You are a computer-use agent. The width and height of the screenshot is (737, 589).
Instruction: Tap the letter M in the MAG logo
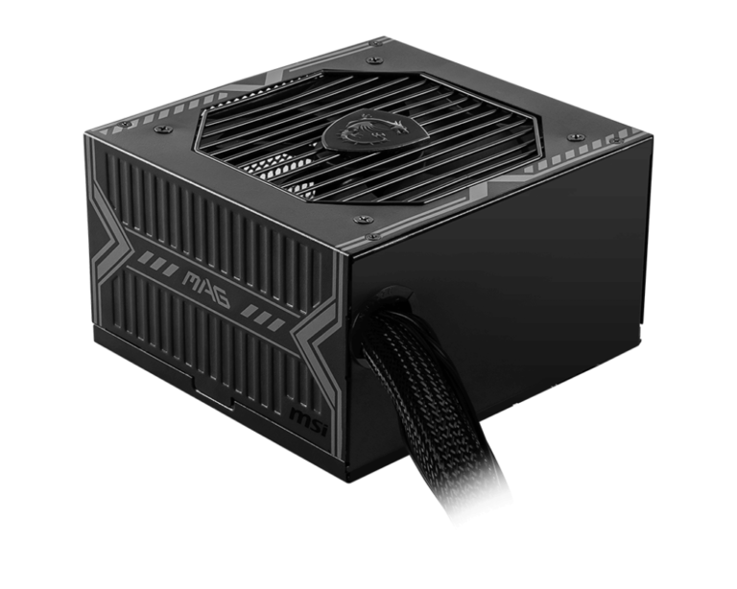[192, 283]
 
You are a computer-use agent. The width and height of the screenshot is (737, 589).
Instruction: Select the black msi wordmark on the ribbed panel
[308, 418]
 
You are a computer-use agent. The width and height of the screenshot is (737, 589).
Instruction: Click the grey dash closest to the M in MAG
[172, 270]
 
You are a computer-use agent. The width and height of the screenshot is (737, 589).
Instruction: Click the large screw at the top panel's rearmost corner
[373, 59]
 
